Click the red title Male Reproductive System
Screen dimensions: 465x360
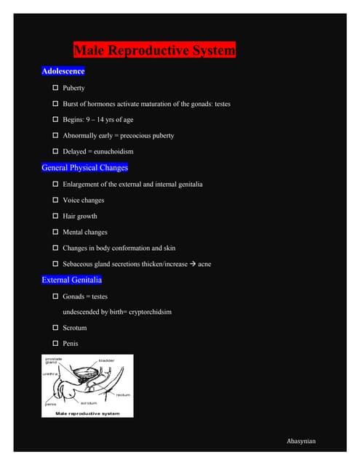(154, 51)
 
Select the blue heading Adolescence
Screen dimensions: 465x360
(63, 71)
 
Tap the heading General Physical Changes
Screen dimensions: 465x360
(85, 168)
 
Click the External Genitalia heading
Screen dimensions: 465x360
(72, 280)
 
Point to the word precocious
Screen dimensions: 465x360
(135, 136)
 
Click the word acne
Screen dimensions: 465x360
(204, 264)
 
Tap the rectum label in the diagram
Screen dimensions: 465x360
(124, 395)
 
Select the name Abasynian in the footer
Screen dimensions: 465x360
(302, 441)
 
